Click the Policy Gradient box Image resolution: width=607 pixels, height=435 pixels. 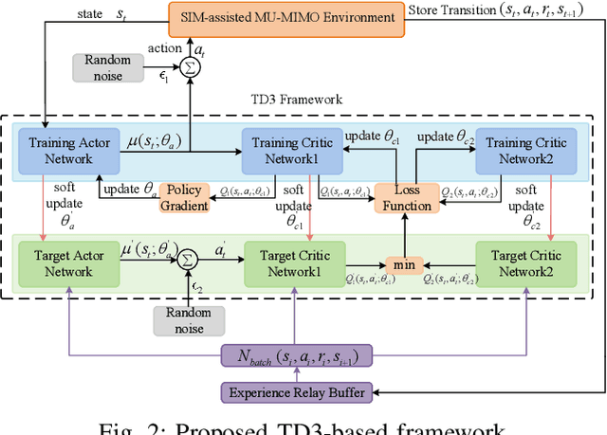(x=183, y=197)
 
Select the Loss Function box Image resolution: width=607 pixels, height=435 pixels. (x=405, y=197)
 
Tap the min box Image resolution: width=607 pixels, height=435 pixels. (x=404, y=266)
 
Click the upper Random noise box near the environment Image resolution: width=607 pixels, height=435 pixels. (x=106, y=66)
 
